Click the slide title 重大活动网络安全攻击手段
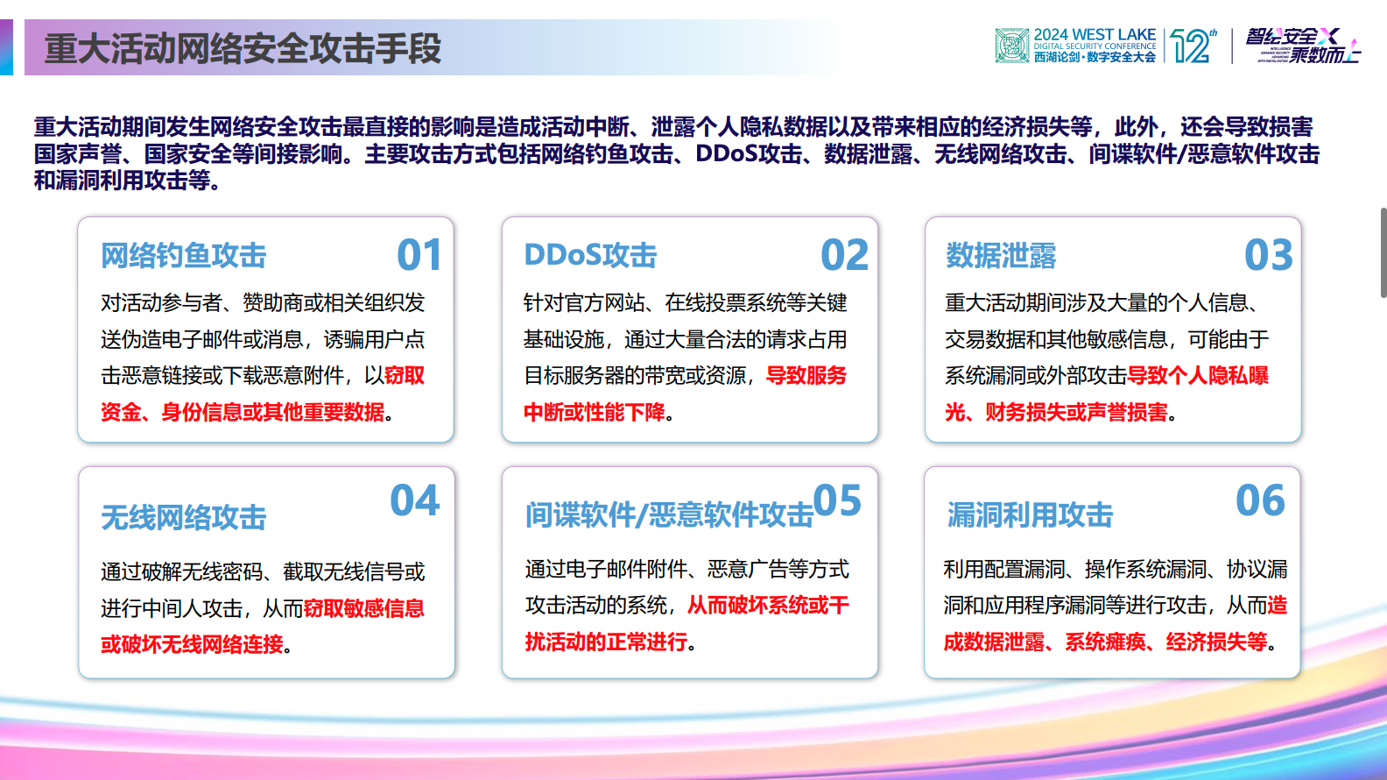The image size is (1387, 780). coord(243,49)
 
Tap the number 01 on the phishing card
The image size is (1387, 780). coord(419,255)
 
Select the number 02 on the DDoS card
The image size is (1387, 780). coord(844,255)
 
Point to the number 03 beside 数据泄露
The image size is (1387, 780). coord(1268,255)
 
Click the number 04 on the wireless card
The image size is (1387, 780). coord(414,500)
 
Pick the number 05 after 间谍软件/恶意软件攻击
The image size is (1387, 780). coord(837,501)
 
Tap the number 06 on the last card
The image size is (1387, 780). coord(1260,500)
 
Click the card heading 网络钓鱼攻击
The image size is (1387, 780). coord(183,256)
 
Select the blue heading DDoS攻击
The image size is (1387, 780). coord(590,255)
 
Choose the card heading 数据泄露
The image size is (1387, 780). coord(1001,256)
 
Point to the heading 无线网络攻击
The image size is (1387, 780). coord(183,517)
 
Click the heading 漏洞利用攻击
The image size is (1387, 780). coord(1030,515)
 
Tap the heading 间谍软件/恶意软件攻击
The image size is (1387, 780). coord(669,515)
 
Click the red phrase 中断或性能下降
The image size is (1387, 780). coord(595,412)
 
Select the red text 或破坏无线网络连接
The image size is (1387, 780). coord(192,644)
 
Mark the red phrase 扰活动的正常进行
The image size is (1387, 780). coord(606,642)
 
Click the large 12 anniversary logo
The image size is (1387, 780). coord(1193,46)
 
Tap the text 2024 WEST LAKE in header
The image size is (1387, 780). coord(1095,35)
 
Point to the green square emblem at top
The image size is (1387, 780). coord(1012,46)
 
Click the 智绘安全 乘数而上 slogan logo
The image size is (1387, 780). coord(1303,46)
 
